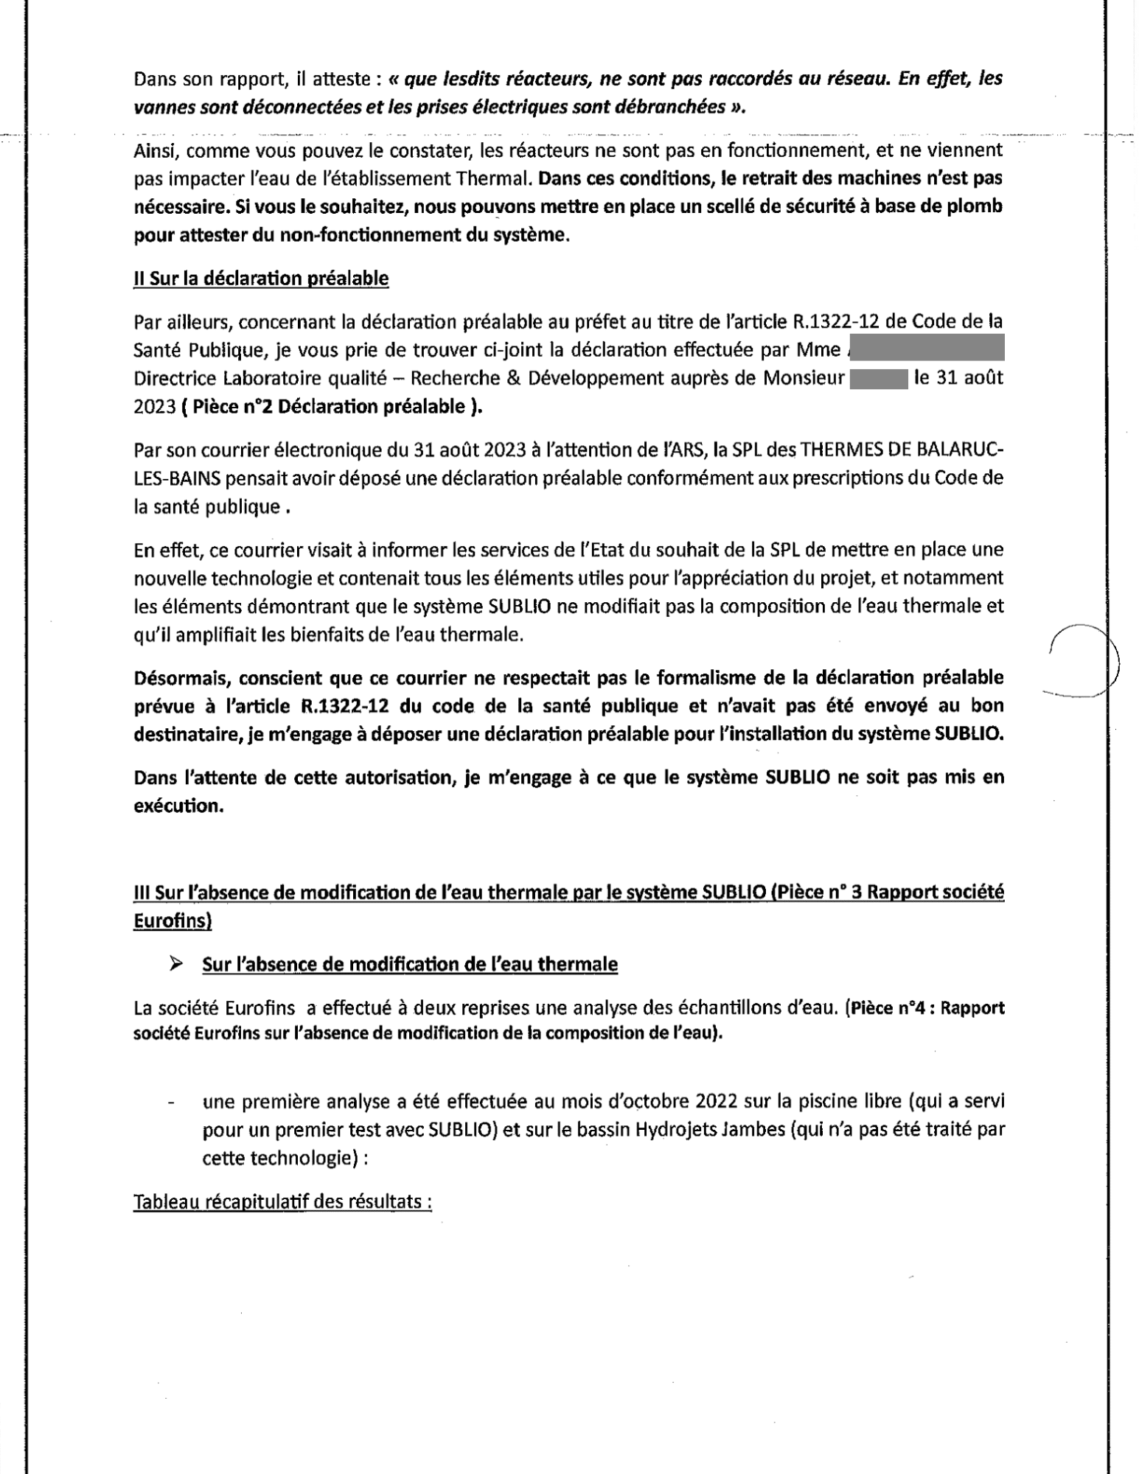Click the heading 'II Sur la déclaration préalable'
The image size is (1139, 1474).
point(261,278)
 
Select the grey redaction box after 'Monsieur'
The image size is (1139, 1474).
point(877,378)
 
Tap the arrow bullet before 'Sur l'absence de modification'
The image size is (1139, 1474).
point(175,963)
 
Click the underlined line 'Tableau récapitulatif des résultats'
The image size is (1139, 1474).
point(282,1202)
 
